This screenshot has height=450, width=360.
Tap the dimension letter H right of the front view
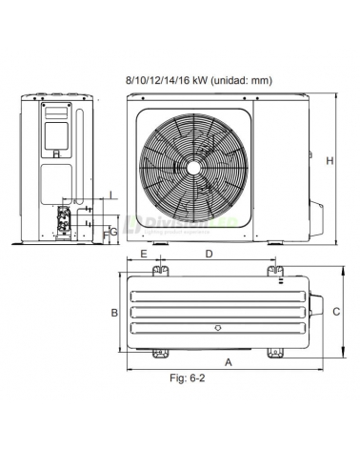pos(330,162)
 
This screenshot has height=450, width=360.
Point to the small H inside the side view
pos(57,153)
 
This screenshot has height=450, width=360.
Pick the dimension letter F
pos(105,232)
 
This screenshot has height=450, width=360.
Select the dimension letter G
pos(113,232)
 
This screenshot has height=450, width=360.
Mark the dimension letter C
pos(336,311)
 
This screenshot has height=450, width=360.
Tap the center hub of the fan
pos(194,165)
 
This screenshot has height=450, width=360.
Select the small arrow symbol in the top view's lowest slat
pos(219,329)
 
